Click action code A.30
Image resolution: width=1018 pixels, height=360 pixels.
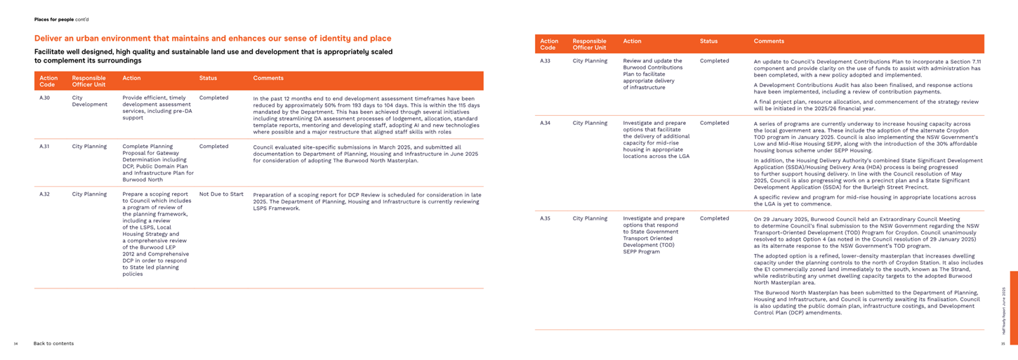pos(44,98)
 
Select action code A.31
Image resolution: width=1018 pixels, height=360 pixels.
pos(44,147)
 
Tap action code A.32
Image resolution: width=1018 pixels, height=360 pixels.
pos(44,194)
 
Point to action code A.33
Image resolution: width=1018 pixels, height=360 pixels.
pos(545,61)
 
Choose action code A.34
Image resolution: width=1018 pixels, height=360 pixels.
pos(545,123)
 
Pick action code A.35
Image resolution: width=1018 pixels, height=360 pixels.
pos(545,218)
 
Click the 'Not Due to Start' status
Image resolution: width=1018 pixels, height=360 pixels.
pos(221,194)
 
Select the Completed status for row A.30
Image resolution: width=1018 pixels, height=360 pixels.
pos(213,98)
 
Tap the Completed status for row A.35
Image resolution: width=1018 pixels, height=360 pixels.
pos(714,218)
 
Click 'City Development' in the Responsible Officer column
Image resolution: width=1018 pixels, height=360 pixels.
pos(89,101)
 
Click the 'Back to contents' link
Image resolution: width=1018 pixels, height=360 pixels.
pos(53,344)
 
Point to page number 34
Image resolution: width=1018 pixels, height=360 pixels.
pos(16,344)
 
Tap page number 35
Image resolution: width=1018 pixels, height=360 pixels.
pos(1003,344)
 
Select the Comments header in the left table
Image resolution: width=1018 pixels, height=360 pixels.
pos(268,78)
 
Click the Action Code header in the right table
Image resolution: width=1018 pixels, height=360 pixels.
pos(549,44)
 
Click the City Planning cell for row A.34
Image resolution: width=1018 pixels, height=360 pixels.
pos(590,123)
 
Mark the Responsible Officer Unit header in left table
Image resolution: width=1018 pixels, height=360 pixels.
pos(89,81)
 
